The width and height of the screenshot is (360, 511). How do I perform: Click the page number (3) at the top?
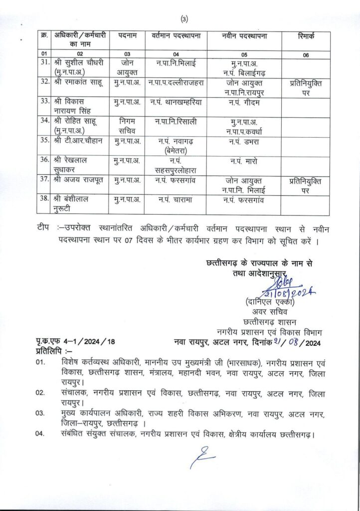coord(184,19)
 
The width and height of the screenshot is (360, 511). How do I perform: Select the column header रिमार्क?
coord(307,36)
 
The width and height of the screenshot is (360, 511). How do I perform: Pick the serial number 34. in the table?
coord(45,120)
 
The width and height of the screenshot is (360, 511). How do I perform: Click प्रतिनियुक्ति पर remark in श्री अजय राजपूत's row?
coord(306,185)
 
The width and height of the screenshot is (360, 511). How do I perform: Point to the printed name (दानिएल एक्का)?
coord(266,301)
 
